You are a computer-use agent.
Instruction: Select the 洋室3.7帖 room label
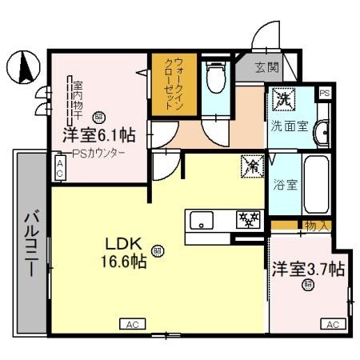tap(307, 269)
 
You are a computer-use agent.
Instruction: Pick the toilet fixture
tap(214, 78)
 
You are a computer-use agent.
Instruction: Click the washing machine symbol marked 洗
tap(284, 99)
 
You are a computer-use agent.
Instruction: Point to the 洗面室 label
tap(286, 126)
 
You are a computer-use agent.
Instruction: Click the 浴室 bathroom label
tap(286, 186)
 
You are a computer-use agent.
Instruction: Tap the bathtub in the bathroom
tap(315, 186)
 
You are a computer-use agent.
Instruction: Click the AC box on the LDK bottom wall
tap(132, 324)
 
